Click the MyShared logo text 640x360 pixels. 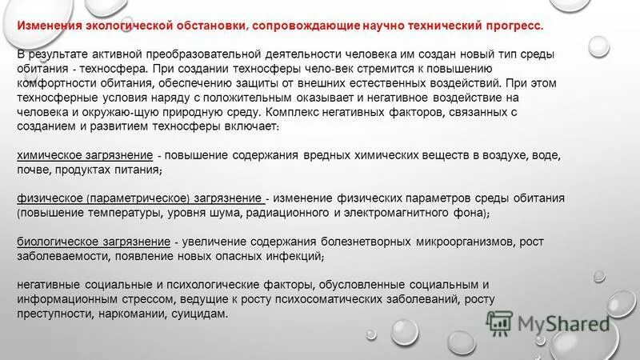click(x=563, y=324)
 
